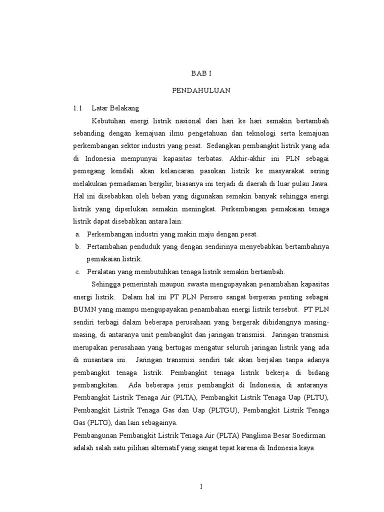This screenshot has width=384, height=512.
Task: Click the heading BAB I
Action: [x=201, y=73]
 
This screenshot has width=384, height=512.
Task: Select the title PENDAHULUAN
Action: [x=201, y=91]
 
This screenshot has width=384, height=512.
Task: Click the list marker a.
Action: [x=77, y=233]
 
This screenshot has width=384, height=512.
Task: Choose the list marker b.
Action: [x=77, y=246]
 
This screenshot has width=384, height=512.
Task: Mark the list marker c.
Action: [x=77, y=271]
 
